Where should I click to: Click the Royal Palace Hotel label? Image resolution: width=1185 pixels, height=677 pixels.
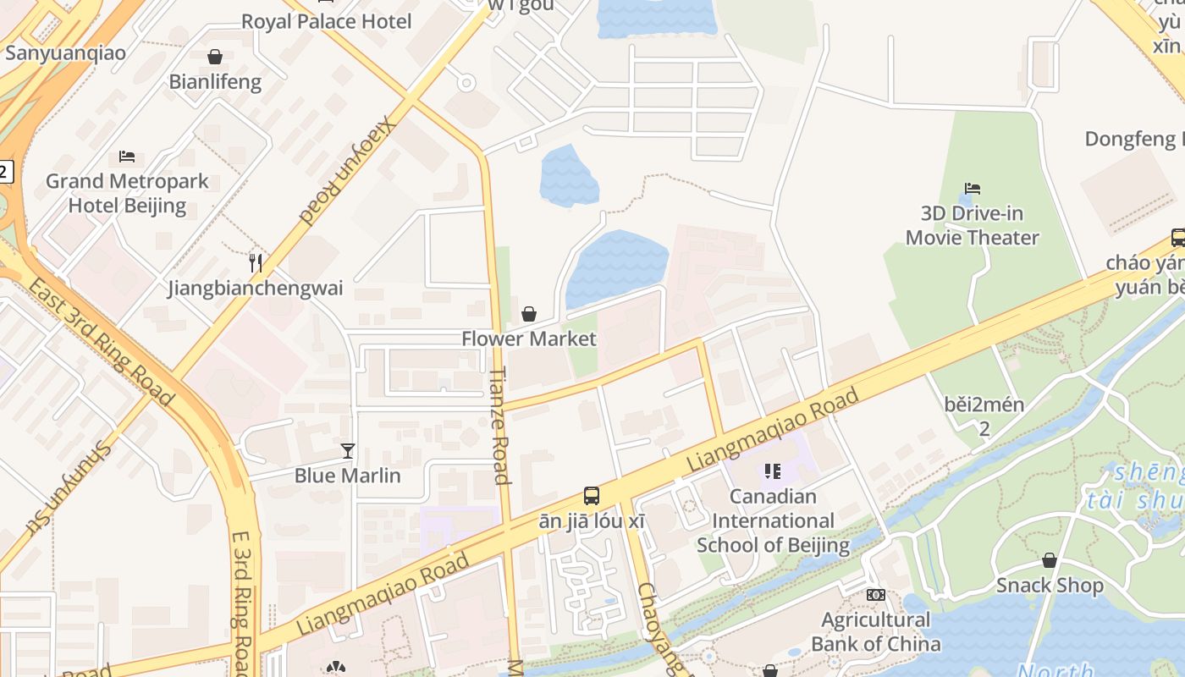[326, 21]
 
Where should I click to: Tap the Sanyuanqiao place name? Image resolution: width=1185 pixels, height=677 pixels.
[65, 52]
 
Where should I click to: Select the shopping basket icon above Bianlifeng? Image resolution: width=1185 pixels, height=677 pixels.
[215, 57]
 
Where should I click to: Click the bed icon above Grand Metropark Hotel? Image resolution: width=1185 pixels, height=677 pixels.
[127, 156]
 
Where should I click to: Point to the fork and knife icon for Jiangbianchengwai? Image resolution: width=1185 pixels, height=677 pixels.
[256, 263]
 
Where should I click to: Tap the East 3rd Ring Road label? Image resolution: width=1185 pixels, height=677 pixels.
[100, 340]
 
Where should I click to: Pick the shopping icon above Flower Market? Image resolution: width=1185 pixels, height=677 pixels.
[529, 314]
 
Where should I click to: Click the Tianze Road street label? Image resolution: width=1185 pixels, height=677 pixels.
[500, 425]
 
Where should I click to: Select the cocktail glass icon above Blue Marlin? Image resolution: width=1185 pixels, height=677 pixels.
[347, 450]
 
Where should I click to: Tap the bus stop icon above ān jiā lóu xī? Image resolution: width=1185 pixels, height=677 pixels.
[592, 496]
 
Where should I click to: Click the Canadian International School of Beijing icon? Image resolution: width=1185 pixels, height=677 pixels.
[772, 471]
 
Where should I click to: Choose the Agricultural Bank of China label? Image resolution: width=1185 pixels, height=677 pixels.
[875, 631]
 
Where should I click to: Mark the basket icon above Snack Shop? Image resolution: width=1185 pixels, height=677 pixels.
[1050, 560]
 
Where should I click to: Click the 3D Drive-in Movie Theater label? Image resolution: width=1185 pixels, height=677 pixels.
[972, 225]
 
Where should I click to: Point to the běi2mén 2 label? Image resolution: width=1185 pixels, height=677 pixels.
[984, 416]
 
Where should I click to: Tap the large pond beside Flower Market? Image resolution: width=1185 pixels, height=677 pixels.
[616, 267]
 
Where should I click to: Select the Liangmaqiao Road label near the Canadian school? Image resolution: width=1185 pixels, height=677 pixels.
[772, 430]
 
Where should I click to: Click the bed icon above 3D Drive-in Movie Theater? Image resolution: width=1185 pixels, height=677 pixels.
[972, 188]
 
